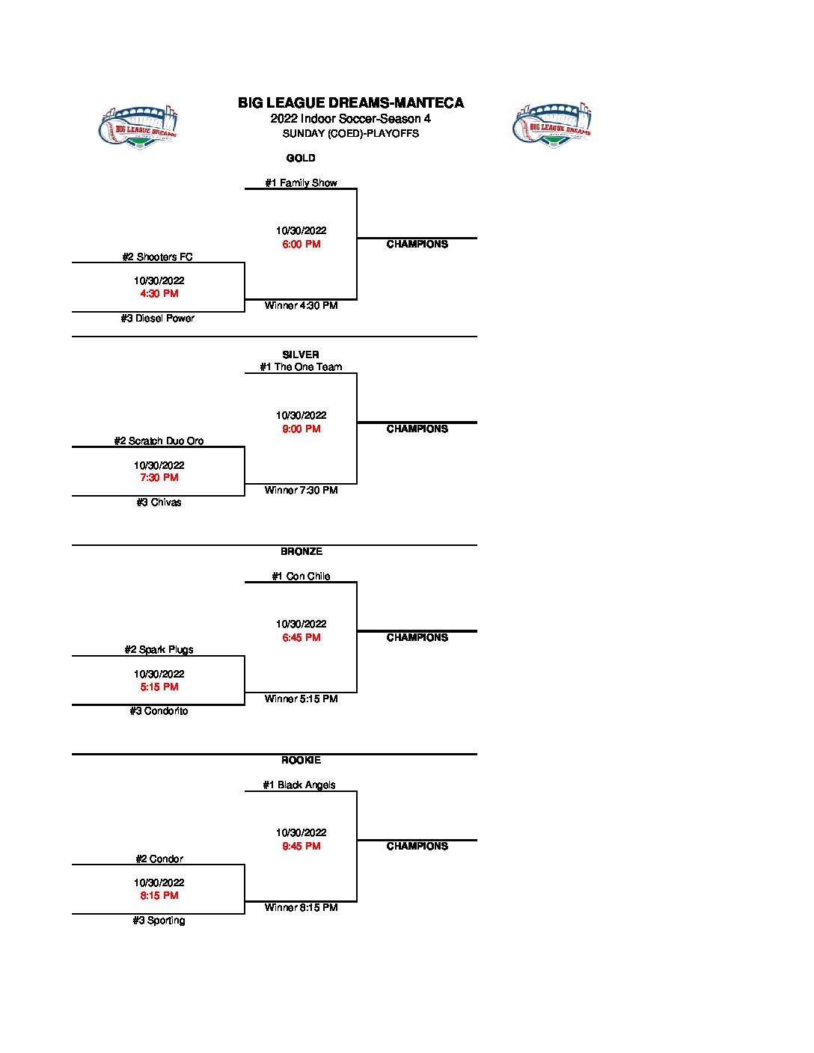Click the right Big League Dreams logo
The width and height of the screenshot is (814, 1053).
tap(552, 125)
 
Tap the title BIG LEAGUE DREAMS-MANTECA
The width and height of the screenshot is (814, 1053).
tap(351, 103)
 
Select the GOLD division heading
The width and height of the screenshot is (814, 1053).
tap(301, 159)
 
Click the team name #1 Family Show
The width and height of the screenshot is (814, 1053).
tap(301, 182)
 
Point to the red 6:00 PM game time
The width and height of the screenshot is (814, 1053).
tap(302, 245)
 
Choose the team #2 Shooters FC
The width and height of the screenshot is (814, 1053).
tap(157, 257)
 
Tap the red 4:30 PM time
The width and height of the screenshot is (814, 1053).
tap(159, 294)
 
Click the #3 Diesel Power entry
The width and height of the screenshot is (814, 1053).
tap(157, 319)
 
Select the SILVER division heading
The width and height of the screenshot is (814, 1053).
tap(301, 354)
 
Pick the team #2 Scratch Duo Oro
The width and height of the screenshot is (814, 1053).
tap(159, 441)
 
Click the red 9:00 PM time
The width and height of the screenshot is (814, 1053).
tap(302, 429)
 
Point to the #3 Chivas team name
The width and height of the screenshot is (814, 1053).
tap(159, 503)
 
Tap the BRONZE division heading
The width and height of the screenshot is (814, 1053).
tap(302, 552)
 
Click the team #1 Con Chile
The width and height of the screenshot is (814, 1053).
tap(301, 577)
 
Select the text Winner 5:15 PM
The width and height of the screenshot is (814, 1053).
tap(301, 699)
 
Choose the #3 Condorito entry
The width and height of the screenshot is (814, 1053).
tap(159, 711)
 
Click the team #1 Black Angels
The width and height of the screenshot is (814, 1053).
tap(299, 785)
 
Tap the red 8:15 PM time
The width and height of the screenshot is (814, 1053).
tap(159, 896)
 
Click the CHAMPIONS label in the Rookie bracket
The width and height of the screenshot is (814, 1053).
tap(417, 847)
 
